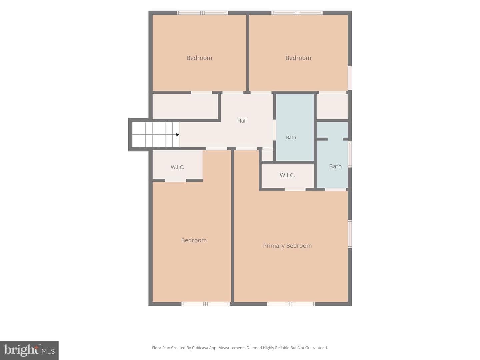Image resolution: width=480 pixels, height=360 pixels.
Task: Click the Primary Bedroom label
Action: (x=287, y=246)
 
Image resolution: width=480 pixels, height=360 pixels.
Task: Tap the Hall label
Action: (x=242, y=121)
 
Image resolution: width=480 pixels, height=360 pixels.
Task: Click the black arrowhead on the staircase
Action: (x=178, y=135)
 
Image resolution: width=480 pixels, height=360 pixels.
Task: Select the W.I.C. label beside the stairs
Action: (x=177, y=167)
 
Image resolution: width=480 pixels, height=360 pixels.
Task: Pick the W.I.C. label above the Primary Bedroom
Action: (x=287, y=175)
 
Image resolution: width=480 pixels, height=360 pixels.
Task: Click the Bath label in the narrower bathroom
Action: (x=291, y=137)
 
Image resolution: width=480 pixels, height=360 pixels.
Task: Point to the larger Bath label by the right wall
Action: (x=335, y=166)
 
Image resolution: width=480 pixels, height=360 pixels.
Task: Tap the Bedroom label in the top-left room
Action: (x=199, y=58)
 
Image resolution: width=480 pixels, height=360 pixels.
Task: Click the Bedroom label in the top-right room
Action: (x=298, y=58)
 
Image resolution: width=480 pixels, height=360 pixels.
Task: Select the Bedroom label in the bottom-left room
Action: (x=194, y=240)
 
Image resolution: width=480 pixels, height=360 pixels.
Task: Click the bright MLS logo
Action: (x=29, y=350)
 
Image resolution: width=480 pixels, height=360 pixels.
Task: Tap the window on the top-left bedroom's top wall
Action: (x=202, y=13)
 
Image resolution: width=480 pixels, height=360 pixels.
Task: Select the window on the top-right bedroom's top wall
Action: (x=297, y=13)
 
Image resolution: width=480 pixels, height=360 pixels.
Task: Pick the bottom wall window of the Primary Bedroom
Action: (x=291, y=304)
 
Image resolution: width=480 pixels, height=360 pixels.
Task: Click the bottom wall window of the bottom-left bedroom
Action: (x=206, y=304)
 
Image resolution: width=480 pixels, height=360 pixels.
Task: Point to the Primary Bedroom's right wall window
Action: (x=350, y=234)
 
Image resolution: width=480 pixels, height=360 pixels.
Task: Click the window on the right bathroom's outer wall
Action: (x=350, y=155)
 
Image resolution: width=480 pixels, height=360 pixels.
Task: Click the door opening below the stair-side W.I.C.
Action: (x=175, y=180)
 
